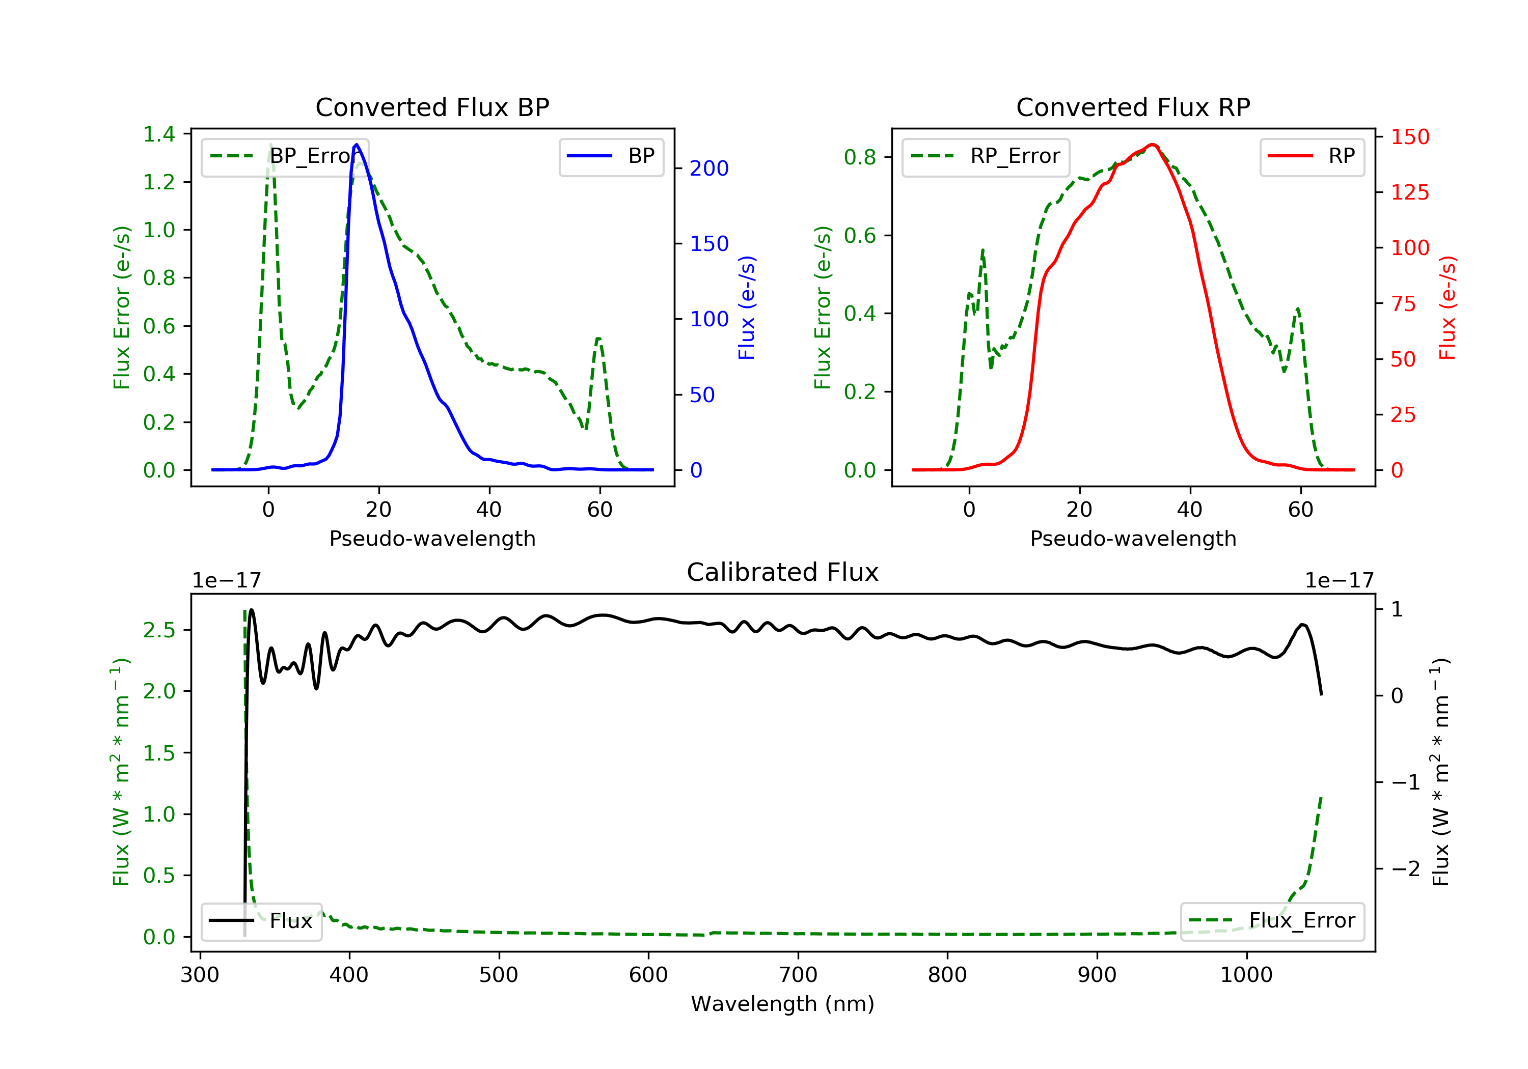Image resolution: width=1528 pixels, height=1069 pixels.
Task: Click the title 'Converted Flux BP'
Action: coord(432,107)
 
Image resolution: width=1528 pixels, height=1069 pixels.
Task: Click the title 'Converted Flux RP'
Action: coord(1133,107)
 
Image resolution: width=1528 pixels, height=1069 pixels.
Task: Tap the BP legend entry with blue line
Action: coord(611,156)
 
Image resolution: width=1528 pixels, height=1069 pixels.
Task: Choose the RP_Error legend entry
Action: coord(986,156)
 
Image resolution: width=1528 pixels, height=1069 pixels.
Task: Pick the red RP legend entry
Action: coord(1312,156)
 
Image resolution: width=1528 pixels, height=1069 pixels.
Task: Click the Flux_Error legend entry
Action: coord(1272,921)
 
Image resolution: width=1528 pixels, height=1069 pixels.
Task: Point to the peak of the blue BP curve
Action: coord(357,145)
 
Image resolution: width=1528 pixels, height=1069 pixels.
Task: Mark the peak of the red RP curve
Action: coord(1153,145)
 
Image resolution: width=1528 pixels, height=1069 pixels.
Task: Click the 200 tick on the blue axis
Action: coord(709,168)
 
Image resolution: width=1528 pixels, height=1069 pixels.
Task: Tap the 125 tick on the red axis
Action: coord(1409,192)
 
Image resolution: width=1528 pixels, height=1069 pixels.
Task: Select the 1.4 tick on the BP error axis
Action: coord(159,134)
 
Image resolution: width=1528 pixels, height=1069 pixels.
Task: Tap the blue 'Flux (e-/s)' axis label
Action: coord(747,307)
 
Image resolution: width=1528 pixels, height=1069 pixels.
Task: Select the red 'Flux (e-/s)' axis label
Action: coord(1448,307)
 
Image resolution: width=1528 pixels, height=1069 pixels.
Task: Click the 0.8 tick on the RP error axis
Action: coord(860,158)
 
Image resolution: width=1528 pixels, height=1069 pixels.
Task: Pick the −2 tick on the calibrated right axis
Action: coord(1405,869)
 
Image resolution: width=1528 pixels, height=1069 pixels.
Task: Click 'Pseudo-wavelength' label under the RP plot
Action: coord(1133,538)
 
